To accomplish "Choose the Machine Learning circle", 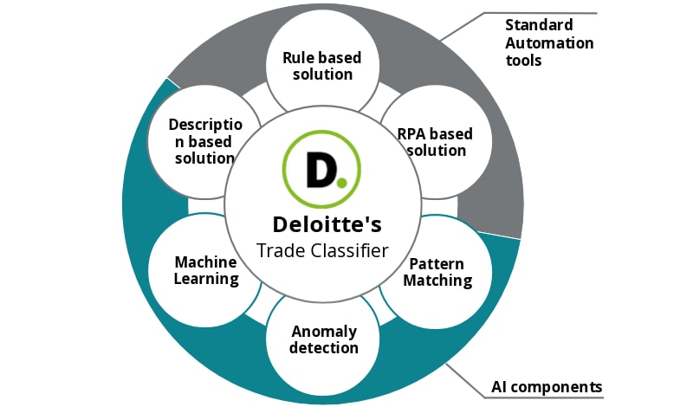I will [x=206, y=270].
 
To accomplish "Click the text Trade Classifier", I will [x=323, y=250].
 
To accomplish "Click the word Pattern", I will [x=437, y=263].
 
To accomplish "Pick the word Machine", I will [x=206, y=262].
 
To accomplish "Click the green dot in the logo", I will [x=342, y=182].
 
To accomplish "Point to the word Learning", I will [x=206, y=279].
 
